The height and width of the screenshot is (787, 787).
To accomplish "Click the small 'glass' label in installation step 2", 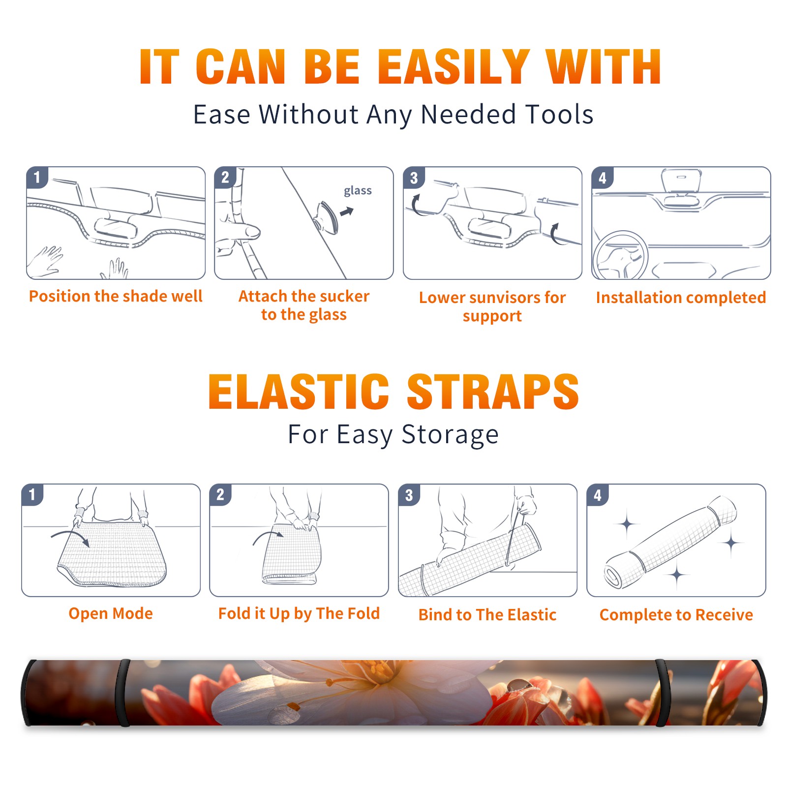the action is click(x=358, y=191).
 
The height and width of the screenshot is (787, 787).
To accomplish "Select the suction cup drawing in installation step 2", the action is click(x=327, y=217).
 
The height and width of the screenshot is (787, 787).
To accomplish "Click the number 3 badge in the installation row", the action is click(x=414, y=178).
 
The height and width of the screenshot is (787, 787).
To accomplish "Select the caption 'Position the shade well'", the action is click(x=116, y=296).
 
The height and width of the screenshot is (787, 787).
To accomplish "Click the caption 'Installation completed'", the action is click(x=681, y=297).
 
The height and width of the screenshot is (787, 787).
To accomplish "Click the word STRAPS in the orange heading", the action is click(x=493, y=392).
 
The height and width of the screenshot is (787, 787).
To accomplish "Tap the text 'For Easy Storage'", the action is click(x=393, y=434).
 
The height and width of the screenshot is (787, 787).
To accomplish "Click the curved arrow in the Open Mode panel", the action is click(x=70, y=536).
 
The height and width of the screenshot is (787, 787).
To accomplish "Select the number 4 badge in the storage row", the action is click(x=598, y=495).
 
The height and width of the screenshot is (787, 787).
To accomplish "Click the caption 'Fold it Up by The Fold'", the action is click(x=299, y=613).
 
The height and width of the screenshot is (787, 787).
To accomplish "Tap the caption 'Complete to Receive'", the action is click(x=676, y=615).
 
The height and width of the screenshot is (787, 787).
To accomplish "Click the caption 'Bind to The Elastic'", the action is click(x=487, y=615).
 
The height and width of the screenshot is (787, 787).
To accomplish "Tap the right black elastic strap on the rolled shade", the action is click(x=663, y=693).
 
